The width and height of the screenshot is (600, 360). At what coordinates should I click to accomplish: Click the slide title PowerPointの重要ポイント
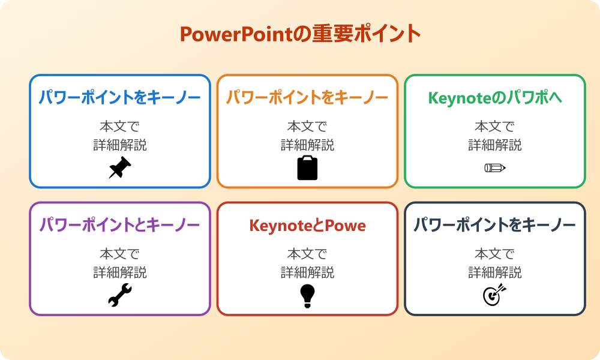click(300, 34)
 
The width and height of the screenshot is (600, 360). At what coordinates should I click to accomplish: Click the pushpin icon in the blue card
click(120, 168)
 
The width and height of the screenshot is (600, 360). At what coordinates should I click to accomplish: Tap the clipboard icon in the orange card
click(307, 168)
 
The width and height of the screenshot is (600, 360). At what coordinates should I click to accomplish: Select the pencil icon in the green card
click(494, 167)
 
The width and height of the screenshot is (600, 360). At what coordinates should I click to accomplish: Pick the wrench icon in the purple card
click(120, 295)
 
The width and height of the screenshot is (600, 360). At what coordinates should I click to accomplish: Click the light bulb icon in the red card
click(307, 295)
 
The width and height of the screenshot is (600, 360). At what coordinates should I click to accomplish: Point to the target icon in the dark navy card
click(494, 295)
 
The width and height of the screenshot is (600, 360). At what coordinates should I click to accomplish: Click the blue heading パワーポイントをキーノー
click(120, 98)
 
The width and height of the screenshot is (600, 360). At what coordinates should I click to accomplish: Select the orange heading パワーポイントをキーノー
click(307, 98)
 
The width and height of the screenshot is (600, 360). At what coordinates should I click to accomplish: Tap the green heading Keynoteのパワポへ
click(494, 98)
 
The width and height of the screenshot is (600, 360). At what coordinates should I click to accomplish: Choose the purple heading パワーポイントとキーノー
click(120, 226)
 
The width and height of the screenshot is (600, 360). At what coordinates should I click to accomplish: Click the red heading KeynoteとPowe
click(307, 226)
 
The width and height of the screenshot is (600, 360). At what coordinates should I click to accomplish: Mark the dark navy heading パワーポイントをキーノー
click(494, 226)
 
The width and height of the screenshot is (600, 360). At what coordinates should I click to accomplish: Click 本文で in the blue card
click(120, 127)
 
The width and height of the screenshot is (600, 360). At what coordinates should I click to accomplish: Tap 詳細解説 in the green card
click(494, 145)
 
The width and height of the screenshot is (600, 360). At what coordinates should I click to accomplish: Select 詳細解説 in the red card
click(307, 272)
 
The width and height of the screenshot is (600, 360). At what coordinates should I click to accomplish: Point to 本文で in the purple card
click(120, 254)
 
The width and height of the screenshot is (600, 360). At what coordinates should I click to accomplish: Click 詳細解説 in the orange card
click(307, 145)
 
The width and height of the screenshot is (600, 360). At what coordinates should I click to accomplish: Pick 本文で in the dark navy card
click(494, 254)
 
